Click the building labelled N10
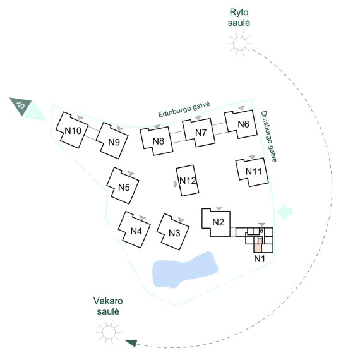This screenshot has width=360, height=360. [72, 130]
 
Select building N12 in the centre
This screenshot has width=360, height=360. [188, 181]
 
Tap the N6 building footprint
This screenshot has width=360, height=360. [241, 124]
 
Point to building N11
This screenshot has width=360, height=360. [252, 172]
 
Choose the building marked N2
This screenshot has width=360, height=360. [216, 222]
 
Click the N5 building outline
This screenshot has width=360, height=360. [123, 186]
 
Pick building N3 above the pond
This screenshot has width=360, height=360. [173, 232]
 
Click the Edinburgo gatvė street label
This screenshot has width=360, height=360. [184, 109]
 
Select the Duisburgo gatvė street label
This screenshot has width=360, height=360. [268, 137]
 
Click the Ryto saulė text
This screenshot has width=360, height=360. [239, 18]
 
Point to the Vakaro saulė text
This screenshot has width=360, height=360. [108, 306]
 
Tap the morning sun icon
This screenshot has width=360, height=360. [239, 43]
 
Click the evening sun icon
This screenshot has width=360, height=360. [109, 332]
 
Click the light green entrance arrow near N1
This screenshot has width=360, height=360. [285, 212]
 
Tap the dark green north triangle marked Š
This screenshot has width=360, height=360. [21, 105]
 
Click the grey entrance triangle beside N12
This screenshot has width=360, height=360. [176, 184]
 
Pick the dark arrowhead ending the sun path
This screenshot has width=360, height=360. [131, 343]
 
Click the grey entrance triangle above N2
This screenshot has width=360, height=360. [220, 208]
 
